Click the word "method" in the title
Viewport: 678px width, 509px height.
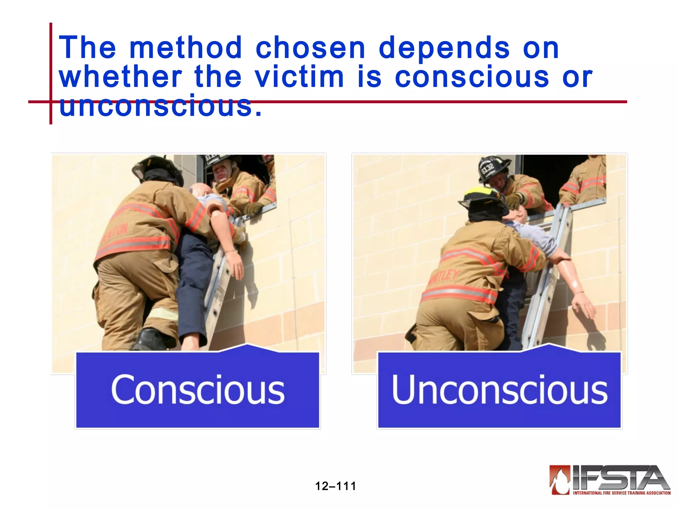(186, 48)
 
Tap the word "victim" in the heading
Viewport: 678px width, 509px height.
(300, 77)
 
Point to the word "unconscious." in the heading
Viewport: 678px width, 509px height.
(161, 106)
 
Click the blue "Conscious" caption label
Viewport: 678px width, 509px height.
(198, 390)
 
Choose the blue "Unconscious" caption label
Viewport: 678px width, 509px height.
(499, 390)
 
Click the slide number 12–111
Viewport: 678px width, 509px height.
(335, 486)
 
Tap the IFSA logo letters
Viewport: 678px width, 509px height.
(619, 478)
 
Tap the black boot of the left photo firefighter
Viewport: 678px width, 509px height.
(151, 339)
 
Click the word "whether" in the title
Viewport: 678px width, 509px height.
(121, 77)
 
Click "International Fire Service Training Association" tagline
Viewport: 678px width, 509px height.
(622, 493)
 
